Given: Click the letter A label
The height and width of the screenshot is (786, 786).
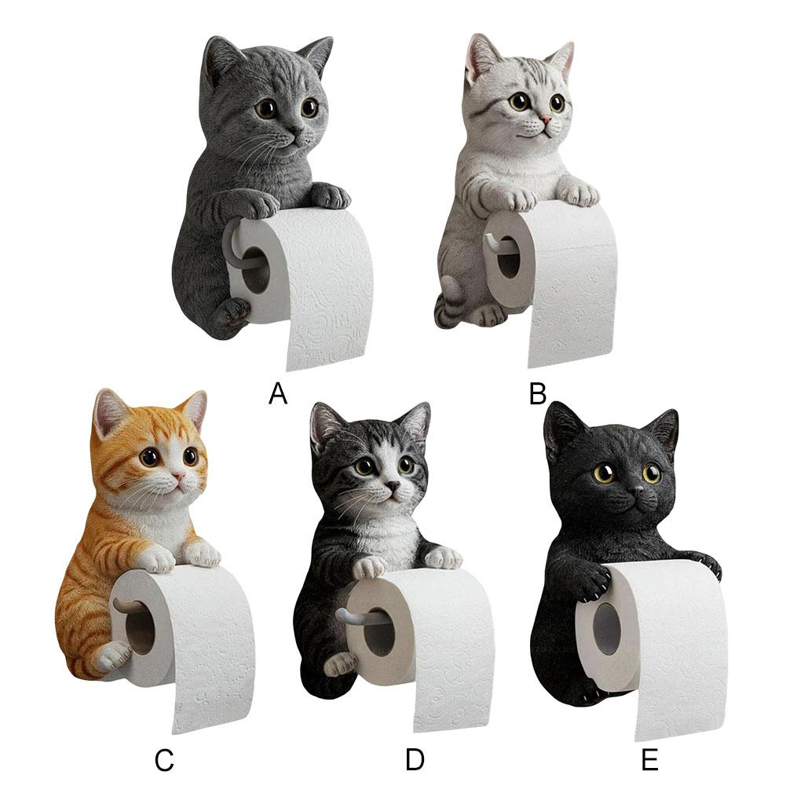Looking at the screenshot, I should point(278,392).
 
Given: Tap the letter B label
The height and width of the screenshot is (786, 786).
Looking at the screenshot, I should point(538,392).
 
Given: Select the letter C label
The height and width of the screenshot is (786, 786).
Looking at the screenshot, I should point(163,760).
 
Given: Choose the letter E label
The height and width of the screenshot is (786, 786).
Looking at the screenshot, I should point(649,760).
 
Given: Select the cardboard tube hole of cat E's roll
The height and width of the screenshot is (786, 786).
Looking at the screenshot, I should point(606,628).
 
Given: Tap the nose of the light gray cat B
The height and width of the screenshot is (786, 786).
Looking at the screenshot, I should point(543,120).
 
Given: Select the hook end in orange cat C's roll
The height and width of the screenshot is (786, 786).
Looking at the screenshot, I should point(123,604).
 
